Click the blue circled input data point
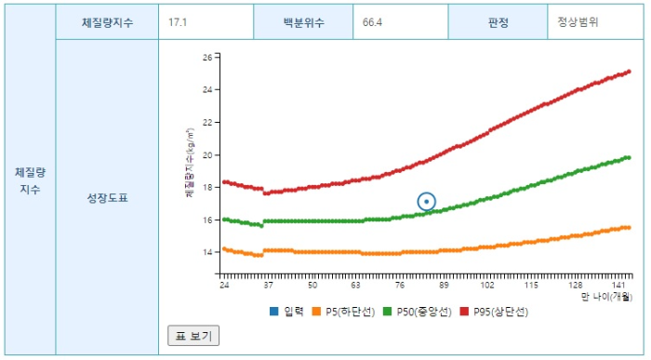pos(426,202)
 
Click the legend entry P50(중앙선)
pos(425,311)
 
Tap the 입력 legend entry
pos(287,311)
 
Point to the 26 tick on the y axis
pos(206,57)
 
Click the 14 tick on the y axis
pos(206,252)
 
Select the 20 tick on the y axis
pos(206,154)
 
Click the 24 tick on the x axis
pos(224,285)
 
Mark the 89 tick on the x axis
pos(445,285)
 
